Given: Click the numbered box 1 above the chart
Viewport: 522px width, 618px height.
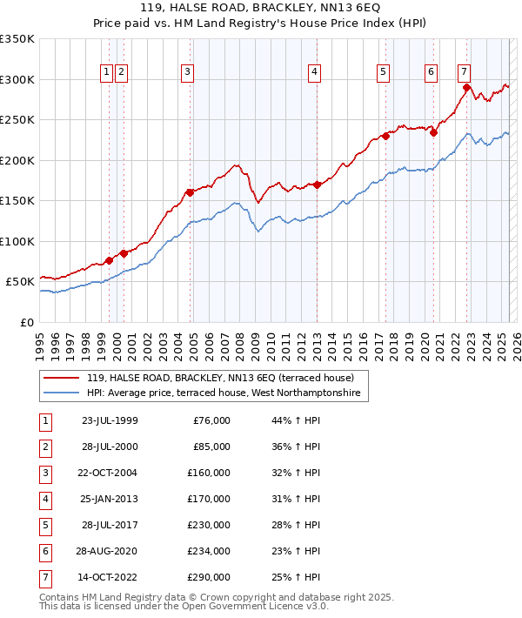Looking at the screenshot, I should (x=106, y=73).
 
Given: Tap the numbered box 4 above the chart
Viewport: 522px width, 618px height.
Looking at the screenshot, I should (x=313, y=73).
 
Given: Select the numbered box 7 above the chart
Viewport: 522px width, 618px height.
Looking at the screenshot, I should (x=465, y=73).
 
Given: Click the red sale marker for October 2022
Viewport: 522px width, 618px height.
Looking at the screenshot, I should (x=467, y=88).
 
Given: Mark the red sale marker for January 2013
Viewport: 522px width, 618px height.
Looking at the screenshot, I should (x=318, y=185).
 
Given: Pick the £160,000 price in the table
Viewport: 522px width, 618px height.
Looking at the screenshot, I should (x=209, y=473).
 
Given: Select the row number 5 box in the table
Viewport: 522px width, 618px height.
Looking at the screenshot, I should (x=44, y=525).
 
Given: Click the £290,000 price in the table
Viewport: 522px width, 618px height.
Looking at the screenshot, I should (x=209, y=577).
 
